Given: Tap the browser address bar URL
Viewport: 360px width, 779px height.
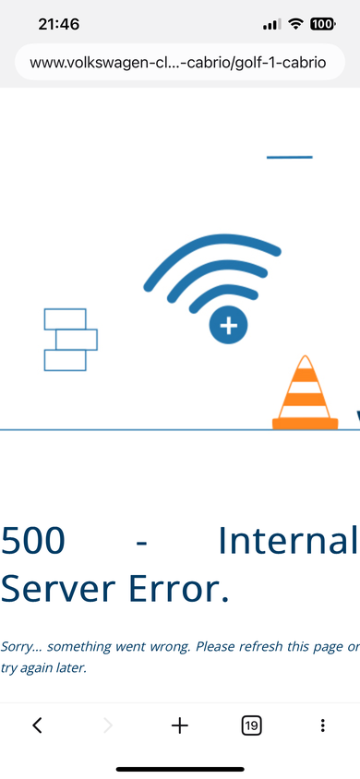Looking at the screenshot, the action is point(178,63).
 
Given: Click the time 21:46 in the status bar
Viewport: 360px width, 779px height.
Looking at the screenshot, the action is point(58,24).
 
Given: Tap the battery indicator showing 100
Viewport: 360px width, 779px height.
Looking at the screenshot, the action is point(322,23).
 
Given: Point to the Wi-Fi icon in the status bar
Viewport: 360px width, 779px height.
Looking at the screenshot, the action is point(295,23).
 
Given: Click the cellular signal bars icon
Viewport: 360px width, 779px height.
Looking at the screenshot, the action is point(271,24).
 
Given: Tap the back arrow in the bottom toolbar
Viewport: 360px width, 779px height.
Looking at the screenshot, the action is point(37,725).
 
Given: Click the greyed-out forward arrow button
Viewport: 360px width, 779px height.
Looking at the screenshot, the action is point(108,725).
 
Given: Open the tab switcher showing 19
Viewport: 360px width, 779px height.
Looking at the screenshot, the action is point(251,725).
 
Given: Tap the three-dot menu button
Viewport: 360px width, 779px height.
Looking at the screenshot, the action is point(323,725).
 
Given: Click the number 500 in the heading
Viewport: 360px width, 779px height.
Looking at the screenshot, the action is point(33,541).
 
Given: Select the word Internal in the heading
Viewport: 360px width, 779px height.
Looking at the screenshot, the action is point(289,540).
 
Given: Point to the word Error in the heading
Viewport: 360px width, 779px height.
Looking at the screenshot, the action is point(179,589).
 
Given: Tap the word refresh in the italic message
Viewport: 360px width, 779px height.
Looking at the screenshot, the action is point(259,646).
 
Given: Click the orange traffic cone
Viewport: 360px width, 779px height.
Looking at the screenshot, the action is point(306,392).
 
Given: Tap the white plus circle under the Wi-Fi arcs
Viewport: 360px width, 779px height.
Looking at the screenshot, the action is point(228,326).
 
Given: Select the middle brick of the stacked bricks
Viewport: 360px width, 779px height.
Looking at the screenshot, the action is point(77,340).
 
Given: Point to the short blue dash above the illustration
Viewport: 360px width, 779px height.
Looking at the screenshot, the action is point(290,157).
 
